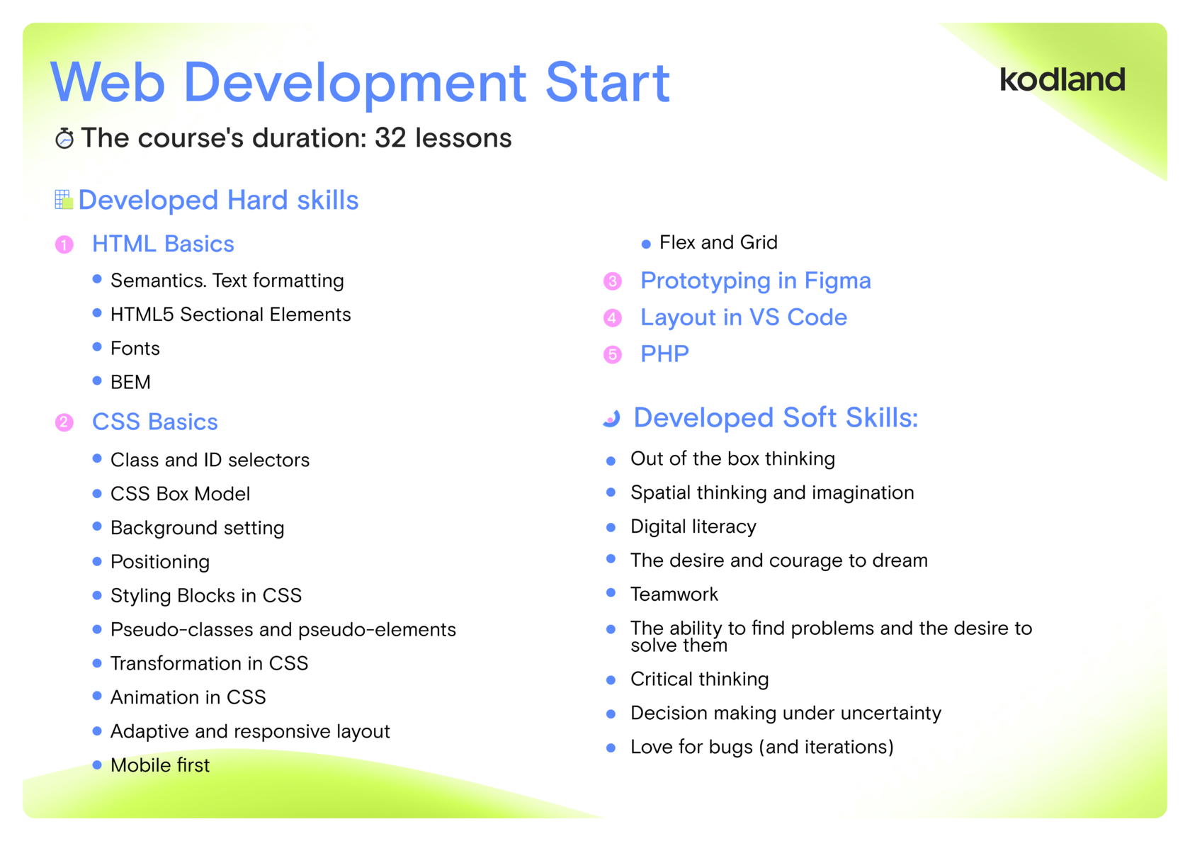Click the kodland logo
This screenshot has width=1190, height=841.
(1062, 79)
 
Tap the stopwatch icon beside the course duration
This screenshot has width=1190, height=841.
(65, 139)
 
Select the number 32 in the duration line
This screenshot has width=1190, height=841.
(390, 137)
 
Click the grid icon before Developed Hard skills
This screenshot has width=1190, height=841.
(64, 200)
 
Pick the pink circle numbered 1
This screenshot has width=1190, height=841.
(64, 245)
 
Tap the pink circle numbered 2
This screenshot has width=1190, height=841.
(64, 422)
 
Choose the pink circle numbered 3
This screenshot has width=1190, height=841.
(613, 281)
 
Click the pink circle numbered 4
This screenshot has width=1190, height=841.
(613, 317)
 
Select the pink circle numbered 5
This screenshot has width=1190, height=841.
(613, 354)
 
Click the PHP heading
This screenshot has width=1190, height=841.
(664, 354)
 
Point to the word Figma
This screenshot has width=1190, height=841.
(838, 281)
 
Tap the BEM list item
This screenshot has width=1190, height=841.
(130, 382)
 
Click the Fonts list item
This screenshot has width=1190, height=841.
(135, 348)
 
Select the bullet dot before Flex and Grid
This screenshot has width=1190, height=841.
(646, 244)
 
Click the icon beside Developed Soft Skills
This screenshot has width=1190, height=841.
(611, 418)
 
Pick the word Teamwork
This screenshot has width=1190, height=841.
(674, 594)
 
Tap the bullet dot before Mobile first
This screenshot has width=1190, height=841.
(96, 765)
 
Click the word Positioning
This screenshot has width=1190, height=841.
(160, 562)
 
